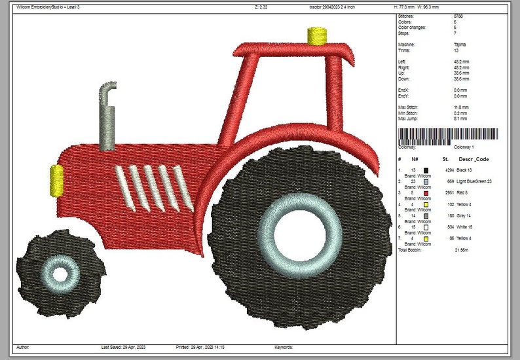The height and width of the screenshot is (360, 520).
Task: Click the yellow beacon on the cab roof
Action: coord(317,35)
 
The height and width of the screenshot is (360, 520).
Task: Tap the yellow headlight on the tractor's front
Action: coord(57,181)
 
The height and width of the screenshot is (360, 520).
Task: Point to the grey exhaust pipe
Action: coord(107,118)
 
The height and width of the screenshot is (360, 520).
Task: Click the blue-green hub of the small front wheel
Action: coord(60,273)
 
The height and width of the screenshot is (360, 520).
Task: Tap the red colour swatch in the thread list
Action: coord(426,193)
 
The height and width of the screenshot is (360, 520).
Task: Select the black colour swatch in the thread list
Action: coord(426,170)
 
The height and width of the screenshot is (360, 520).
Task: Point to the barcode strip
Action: coord(448,135)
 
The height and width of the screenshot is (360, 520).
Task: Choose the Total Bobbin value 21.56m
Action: coord(462,250)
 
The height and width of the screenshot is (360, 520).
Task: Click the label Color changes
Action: coord(413,27)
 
